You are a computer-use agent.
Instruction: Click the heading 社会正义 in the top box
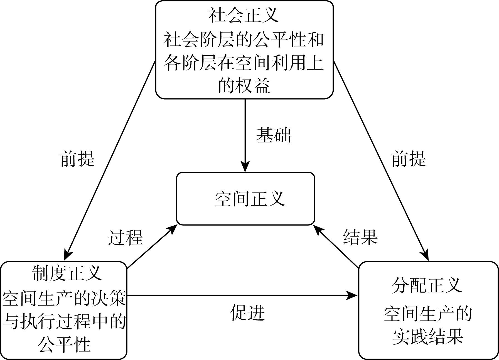(x=244, y=16)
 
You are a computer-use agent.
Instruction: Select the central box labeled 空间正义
(x=245, y=199)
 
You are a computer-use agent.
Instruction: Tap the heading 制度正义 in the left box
(x=67, y=273)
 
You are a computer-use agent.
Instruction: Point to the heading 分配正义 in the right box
(x=427, y=286)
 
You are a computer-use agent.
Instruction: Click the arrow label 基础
(x=273, y=135)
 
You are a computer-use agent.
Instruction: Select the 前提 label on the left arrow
(x=77, y=159)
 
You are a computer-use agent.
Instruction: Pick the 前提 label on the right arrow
(x=409, y=159)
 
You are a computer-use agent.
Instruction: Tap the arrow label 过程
(x=125, y=238)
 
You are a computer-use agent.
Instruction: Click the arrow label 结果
(x=360, y=237)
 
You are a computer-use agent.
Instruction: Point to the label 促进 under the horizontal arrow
(x=247, y=312)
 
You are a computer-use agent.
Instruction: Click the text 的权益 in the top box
(x=244, y=86)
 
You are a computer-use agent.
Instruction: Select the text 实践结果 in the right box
(x=428, y=337)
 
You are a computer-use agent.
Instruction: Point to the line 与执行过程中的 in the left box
(x=64, y=322)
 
